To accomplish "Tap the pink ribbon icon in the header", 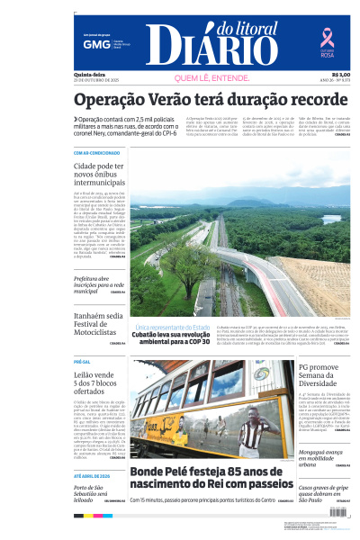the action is (x=328, y=37).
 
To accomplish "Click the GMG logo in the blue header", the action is (x=91, y=43).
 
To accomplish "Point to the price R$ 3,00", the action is (x=340, y=75).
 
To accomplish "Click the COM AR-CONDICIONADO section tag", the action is (x=96, y=153).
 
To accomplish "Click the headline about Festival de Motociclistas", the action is (x=100, y=326).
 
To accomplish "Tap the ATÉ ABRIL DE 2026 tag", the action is (x=91, y=474).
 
